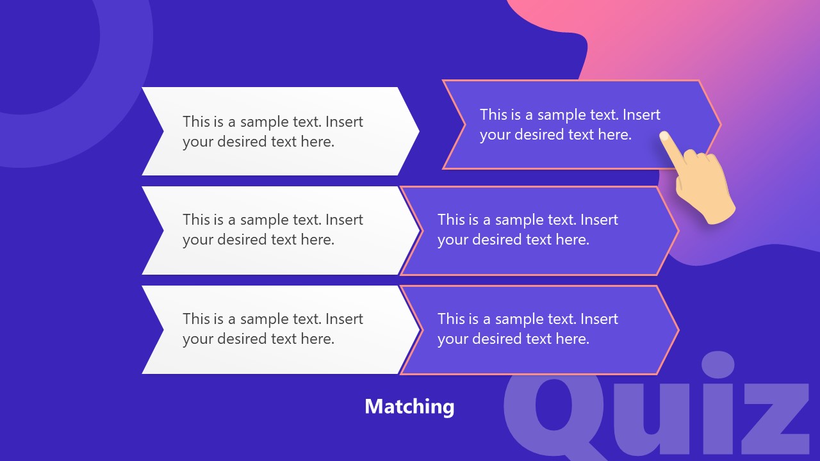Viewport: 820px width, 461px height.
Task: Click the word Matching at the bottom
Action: point(409,406)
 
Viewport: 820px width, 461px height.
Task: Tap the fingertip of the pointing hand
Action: point(664,136)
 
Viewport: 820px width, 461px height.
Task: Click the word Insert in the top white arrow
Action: point(344,122)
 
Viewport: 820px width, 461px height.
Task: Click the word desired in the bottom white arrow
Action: point(242,339)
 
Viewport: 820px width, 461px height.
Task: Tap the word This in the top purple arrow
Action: point(493,115)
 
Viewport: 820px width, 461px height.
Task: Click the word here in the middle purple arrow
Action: point(573,239)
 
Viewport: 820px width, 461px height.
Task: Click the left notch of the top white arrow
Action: point(163,131)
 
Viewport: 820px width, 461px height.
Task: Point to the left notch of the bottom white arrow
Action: point(163,330)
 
